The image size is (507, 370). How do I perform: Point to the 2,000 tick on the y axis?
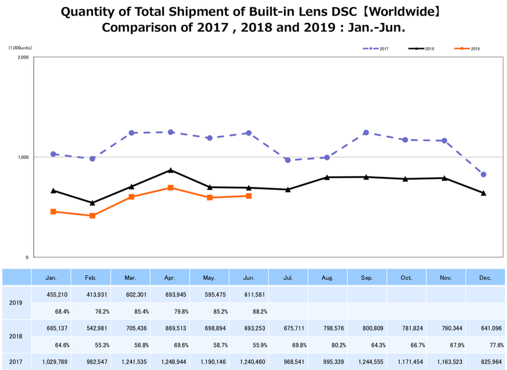click(x=23, y=57)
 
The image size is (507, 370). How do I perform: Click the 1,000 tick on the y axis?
click(x=23, y=157)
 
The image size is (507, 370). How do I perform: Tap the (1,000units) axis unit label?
click(x=21, y=48)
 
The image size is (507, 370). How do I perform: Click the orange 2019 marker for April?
click(x=171, y=187)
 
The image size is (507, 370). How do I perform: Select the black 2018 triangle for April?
click(x=171, y=170)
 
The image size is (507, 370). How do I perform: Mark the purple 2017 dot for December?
click(x=484, y=175)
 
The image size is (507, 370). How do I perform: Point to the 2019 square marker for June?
click(x=249, y=196)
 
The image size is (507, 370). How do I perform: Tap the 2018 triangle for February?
click(x=92, y=203)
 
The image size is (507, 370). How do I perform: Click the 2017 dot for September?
click(x=366, y=133)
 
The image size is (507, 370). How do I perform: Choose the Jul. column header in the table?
click(x=288, y=278)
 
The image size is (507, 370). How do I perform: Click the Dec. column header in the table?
click(x=485, y=278)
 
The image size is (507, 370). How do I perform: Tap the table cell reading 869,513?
click(x=170, y=329)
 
